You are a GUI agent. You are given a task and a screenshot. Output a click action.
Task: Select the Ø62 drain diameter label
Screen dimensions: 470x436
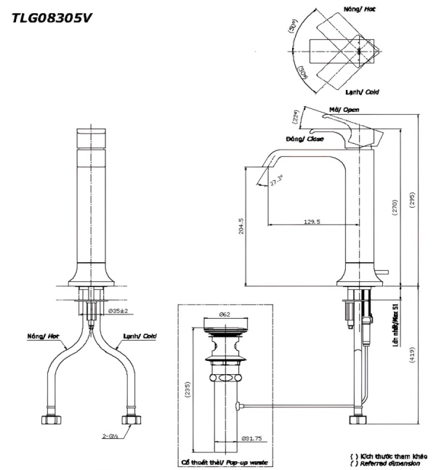(x=224, y=315)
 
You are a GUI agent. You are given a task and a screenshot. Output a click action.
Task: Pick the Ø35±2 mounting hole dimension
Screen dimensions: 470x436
(x=118, y=311)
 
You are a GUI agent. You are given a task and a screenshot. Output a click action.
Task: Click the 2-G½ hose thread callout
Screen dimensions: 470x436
(x=111, y=437)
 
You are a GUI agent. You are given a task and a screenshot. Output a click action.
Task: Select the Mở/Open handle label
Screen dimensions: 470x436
(x=344, y=109)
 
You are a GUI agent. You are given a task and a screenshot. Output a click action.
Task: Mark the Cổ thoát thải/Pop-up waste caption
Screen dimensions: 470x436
(x=225, y=462)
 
